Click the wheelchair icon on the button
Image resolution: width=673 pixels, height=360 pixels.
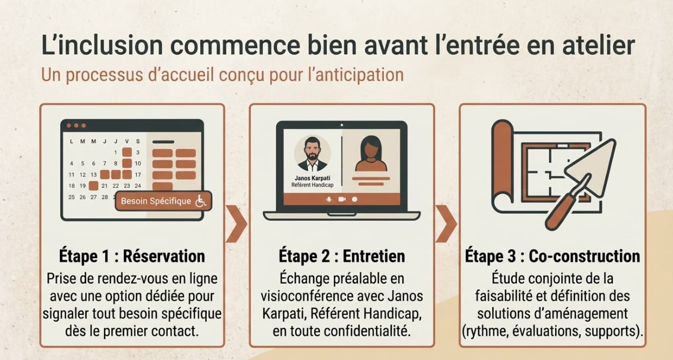click(x=200, y=202)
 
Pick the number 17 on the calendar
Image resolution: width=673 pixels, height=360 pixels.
click(x=138, y=174)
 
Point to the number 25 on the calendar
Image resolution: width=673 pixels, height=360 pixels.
click(x=72, y=197)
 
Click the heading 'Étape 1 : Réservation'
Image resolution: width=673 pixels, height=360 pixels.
click(x=132, y=256)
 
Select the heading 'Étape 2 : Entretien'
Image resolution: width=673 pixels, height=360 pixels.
click(x=341, y=256)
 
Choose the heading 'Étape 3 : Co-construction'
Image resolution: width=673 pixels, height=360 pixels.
click(x=552, y=256)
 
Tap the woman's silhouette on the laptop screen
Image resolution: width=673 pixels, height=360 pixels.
click(x=370, y=153)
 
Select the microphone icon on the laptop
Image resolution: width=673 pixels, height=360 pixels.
click(x=328, y=199)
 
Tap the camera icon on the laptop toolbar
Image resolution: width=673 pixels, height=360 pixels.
click(x=341, y=199)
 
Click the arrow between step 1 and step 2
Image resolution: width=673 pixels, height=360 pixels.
click(x=236, y=222)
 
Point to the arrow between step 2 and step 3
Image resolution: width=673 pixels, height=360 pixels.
click(x=446, y=222)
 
